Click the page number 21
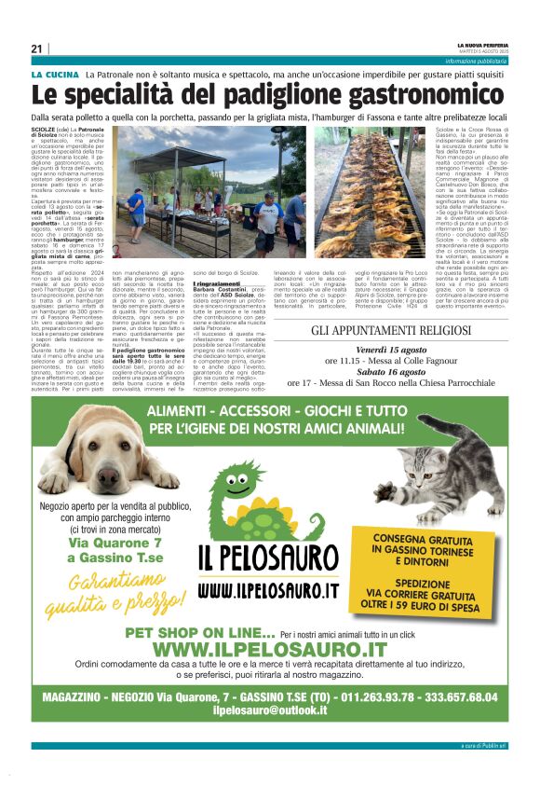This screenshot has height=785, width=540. pos(36,48)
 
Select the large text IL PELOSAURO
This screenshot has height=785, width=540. pos(269,558)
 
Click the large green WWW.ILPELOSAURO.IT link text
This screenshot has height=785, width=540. pos(269,649)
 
